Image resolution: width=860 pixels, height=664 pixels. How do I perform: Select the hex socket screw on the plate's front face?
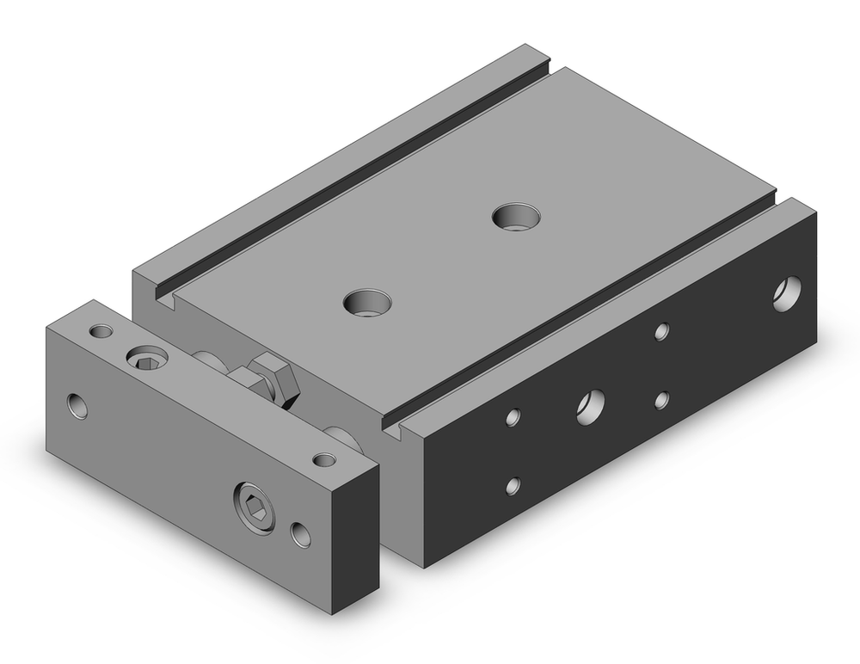(254, 498)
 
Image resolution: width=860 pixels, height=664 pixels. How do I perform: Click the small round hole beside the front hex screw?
(301, 533)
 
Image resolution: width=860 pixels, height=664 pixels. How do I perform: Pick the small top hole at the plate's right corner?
(324, 459)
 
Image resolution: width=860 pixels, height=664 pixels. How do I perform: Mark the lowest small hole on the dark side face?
(513, 485)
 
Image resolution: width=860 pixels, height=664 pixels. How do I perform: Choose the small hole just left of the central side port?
(513, 417)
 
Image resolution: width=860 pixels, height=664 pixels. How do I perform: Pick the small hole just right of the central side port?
(660, 399)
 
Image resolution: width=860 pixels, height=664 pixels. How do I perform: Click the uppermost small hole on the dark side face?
(660, 331)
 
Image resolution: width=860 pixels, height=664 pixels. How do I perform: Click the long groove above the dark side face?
(585, 310)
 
